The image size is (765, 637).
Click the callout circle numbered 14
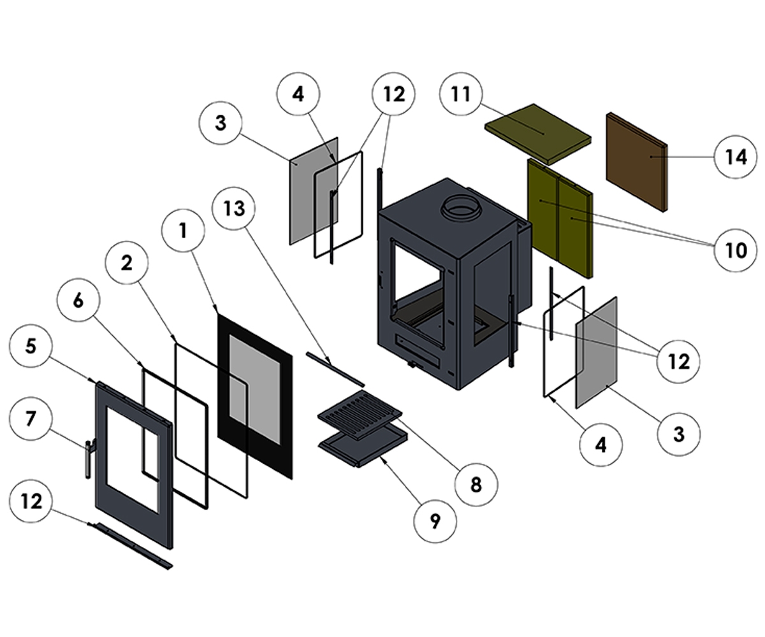[736, 156]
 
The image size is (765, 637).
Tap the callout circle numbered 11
[461, 94]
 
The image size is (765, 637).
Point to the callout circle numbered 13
[235, 208]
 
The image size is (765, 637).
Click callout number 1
[184, 230]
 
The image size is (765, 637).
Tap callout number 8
[476, 485]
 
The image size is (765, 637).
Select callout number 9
[435, 521]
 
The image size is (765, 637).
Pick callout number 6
[78, 300]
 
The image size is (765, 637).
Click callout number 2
[127, 262]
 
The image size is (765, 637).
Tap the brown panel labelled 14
[636, 162]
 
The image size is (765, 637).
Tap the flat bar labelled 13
[335, 368]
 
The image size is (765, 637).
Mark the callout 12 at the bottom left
[31, 501]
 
